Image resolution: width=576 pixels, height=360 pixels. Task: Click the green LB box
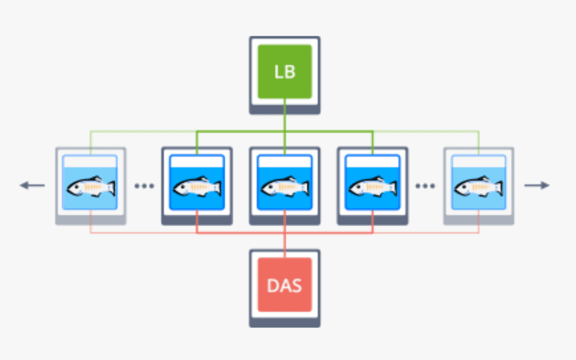click(285, 71)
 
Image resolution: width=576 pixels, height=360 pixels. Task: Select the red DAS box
click(285, 285)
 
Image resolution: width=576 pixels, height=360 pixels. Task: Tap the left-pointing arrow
click(33, 185)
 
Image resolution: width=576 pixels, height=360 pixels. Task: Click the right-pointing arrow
click(537, 185)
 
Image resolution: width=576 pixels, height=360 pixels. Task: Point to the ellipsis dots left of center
click(144, 186)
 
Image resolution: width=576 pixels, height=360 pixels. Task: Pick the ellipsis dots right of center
click(425, 186)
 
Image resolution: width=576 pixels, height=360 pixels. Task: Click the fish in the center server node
click(285, 187)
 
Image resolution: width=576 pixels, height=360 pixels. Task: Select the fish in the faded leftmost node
click(90, 187)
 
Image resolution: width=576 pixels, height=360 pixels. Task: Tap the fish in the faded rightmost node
click(478, 187)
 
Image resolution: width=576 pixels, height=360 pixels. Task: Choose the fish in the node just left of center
click(197, 187)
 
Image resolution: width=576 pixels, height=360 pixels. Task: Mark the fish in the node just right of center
click(372, 187)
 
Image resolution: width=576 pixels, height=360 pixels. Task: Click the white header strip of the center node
click(285, 162)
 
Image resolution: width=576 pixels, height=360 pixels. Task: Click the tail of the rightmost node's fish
click(498, 187)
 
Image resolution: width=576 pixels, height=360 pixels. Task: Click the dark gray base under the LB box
click(285, 109)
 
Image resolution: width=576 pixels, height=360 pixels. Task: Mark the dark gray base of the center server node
click(285, 220)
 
